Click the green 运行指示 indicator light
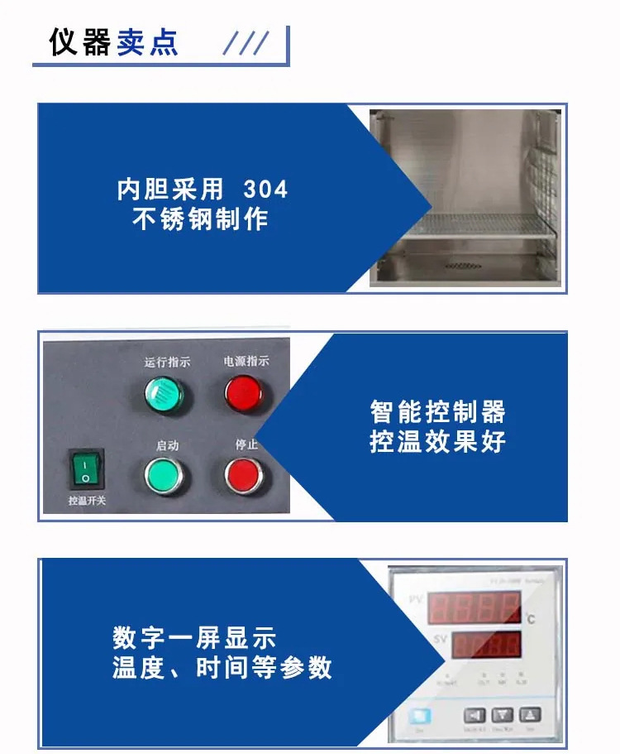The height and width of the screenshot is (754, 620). point(165,394)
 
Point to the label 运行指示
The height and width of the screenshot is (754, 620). point(167,362)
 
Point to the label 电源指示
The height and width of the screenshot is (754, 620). point(246,361)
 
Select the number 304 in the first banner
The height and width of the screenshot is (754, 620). point(266,190)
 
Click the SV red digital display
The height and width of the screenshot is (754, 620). point(486,644)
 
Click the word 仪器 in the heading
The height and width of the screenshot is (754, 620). point(79,42)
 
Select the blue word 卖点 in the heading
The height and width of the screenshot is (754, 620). point(147,42)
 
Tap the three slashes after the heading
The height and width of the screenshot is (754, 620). point(247,43)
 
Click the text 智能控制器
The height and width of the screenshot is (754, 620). point(437,411)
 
